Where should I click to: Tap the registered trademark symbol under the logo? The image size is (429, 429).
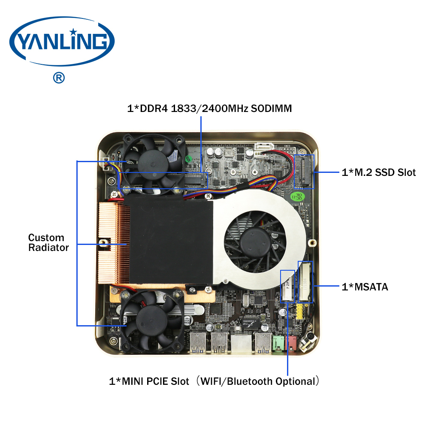tap(59, 78)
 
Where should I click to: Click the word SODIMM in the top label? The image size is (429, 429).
tap(271, 109)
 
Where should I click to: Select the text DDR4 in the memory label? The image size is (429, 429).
tap(154, 109)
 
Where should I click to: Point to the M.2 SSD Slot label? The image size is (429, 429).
tap(379, 172)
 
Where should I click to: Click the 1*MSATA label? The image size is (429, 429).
tap(365, 287)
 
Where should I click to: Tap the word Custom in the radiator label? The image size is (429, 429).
tap(46, 238)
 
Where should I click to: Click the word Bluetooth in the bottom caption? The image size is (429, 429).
tap(250, 381)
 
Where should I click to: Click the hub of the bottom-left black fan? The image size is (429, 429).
tap(151, 320)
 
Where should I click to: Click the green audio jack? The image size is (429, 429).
tap(278, 344)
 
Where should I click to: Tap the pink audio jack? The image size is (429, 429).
tap(291, 344)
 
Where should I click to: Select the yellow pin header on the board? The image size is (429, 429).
tap(299, 311)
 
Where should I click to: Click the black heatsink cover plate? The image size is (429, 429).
tap(171, 241)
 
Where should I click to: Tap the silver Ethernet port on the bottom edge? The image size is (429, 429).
tap(241, 343)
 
